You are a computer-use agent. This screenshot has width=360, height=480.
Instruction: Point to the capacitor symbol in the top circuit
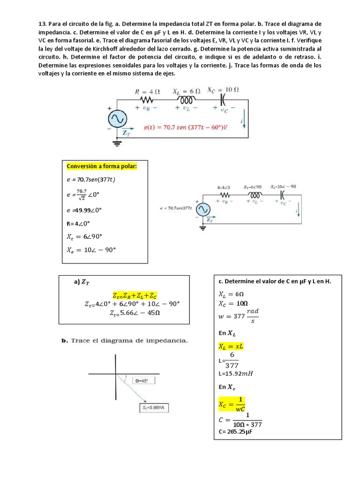(223, 100)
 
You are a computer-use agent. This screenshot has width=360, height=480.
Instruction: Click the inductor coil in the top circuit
(187, 100)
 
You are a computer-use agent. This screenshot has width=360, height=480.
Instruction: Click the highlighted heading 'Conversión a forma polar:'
(102, 166)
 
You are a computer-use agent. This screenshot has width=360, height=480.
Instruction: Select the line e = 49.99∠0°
(84, 210)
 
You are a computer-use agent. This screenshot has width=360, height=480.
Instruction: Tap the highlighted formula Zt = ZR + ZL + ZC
(135, 295)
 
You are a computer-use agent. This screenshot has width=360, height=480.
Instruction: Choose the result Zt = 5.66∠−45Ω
(135, 313)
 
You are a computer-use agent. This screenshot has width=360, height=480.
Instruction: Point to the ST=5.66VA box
(153, 408)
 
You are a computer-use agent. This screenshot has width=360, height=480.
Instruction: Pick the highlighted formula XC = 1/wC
(232, 403)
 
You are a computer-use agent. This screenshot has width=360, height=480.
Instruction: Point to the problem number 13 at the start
(42, 23)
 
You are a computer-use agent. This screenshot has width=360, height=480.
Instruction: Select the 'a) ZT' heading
(82, 282)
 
